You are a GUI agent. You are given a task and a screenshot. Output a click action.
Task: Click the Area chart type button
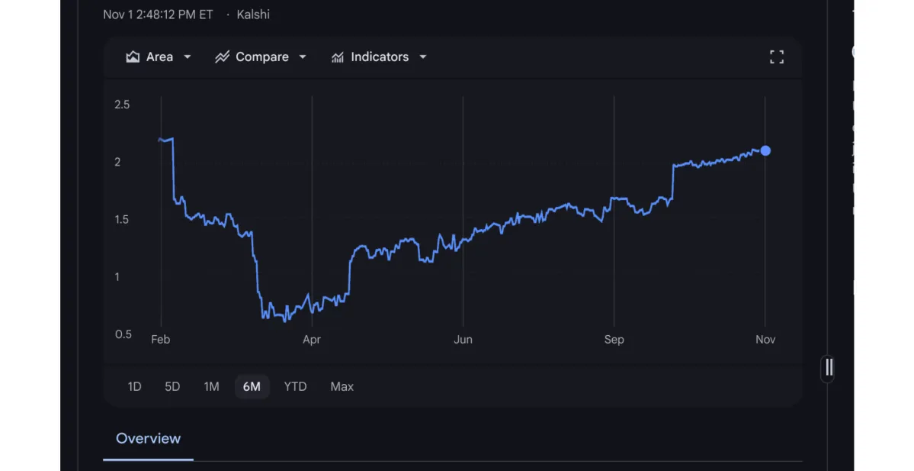coord(159,57)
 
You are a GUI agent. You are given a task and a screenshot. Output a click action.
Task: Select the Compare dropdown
coord(261,57)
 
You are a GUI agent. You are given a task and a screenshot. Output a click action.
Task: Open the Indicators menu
coord(379,57)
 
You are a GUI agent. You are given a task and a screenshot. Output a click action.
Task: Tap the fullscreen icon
coord(776,57)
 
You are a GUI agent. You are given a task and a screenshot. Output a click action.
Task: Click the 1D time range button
coord(134,387)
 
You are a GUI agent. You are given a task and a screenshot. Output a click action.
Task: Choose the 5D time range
coord(172,387)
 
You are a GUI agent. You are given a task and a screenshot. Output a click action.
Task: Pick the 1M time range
coord(211,387)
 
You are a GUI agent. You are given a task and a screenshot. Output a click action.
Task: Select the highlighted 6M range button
coord(252,387)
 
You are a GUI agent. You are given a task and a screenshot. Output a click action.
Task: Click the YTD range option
coord(295,387)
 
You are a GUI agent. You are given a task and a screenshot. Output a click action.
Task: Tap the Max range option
coord(342,387)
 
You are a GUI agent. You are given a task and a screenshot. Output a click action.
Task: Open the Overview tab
coord(148,439)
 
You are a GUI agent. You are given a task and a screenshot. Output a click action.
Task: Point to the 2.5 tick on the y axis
coord(122,105)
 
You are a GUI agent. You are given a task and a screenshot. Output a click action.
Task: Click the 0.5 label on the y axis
coord(122,334)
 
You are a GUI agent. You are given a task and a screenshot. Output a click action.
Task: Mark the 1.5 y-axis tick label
coord(122,220)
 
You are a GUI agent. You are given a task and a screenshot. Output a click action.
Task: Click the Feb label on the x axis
coord(160,340)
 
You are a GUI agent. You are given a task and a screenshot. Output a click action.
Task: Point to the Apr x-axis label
coord(312,340)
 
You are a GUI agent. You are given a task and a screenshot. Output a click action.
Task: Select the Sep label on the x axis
coord(614,340)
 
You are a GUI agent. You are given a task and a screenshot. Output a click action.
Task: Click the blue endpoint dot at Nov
coord(765,151)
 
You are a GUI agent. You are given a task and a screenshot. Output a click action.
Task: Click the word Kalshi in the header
coord(253,15)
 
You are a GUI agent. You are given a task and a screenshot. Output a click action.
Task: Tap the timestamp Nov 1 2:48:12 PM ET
coord(158,15)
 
